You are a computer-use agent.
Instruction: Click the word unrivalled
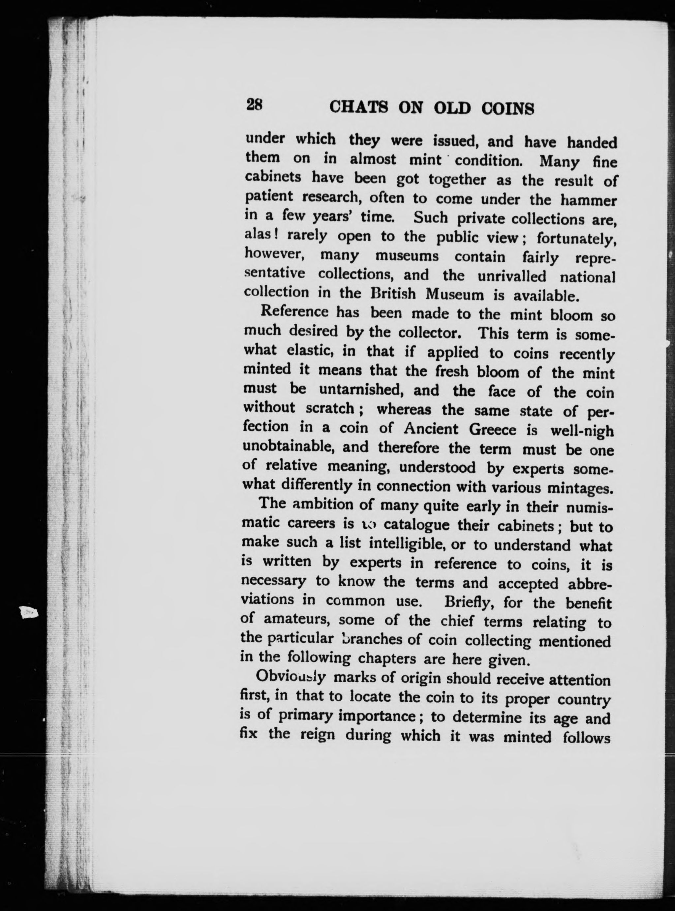point(511,276)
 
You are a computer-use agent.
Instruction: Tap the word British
point(393,294)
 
